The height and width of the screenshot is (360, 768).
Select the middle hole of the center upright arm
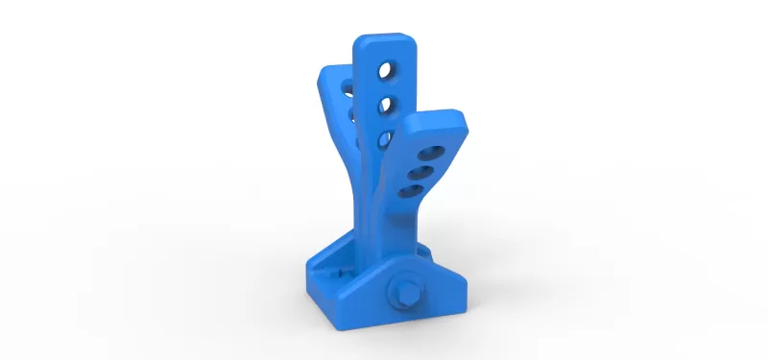point(384,104)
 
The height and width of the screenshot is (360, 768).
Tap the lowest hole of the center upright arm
point(384,138)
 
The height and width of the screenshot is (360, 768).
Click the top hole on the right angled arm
point(431,154)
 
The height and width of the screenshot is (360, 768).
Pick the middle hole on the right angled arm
point(420,173)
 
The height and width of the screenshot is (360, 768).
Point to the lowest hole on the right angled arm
point(409,192)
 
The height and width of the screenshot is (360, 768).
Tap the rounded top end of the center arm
point(384,42)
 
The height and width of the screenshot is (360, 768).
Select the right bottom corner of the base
point(465,309)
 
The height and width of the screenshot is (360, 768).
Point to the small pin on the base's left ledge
point(343,272)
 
